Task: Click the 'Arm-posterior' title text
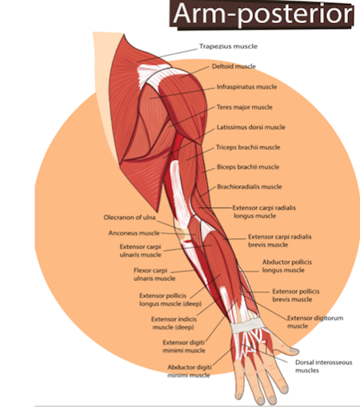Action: (263, 14)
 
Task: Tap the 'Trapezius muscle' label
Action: (228, 46)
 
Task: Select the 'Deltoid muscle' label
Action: (234, 66)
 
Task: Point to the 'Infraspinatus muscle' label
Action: (246, 87)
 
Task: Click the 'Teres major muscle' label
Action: (245, 107)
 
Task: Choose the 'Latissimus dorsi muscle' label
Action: (251, 127)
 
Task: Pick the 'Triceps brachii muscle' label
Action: (248, 147)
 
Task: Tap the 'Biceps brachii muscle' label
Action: (248, 167)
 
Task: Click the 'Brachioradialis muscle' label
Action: (250, 186)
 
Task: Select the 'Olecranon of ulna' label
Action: (130, 217)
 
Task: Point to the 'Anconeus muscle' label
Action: (134, 233)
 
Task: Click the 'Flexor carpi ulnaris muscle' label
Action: (154, 274)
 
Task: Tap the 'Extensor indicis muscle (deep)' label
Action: (174, 323)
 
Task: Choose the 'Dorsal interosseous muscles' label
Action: (324, 366)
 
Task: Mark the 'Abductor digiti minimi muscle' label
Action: (190, 371)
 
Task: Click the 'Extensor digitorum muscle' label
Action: (315, 322)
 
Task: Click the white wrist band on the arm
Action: (247, 325)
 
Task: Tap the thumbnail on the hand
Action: (294, 350)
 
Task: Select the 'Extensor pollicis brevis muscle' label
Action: (296, 295)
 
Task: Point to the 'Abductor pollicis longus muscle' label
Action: (287, 266)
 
